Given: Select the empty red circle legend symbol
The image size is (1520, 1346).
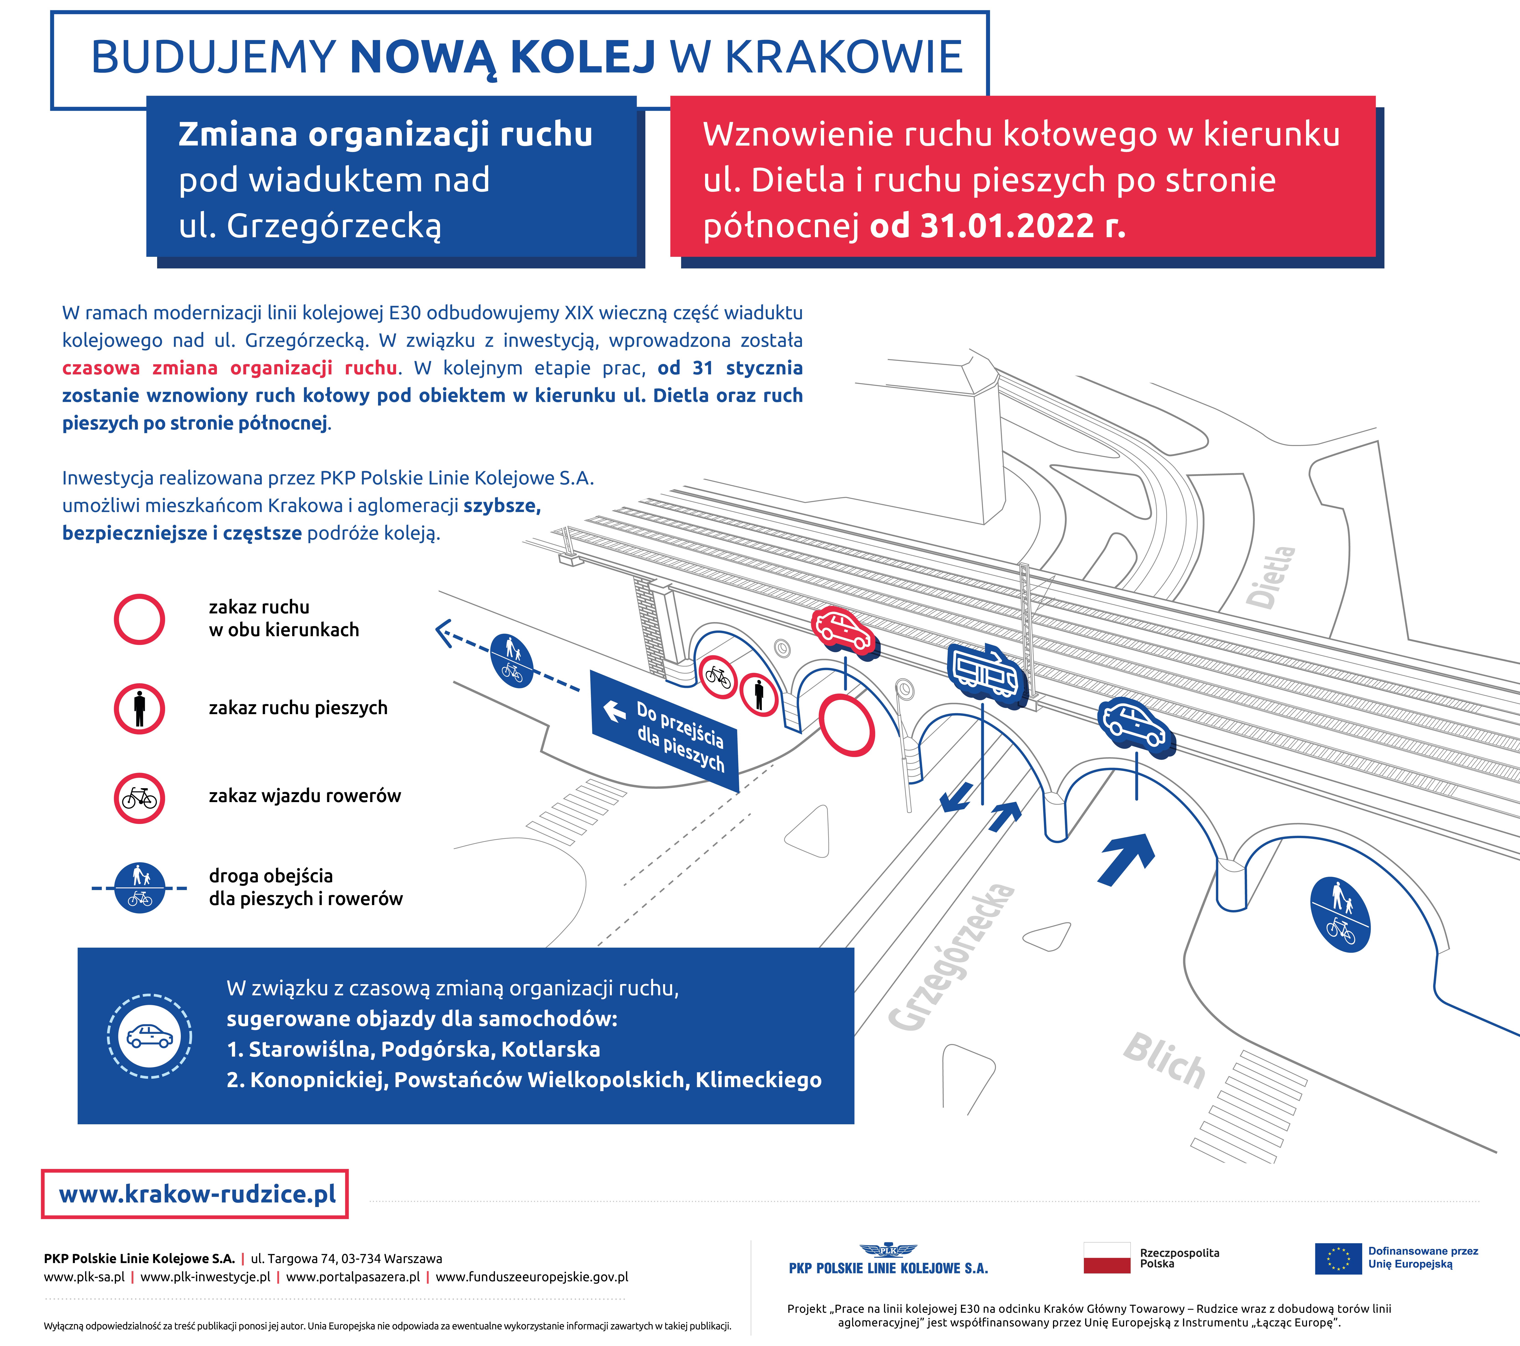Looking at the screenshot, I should pyautogui.click(x=139, y=619).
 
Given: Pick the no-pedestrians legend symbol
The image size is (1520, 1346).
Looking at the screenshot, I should pyautogui.click(x=139, y=708).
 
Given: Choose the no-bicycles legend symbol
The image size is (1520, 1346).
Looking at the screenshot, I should pyautogui.click(x=139, y=798).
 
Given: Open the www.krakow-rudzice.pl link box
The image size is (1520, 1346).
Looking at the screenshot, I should pyautogui.click(x=195, y=1194).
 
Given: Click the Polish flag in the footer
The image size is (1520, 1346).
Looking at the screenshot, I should pyautogui.click(x=1107, y=1258).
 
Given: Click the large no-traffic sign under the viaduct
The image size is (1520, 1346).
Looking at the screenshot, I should pyautogui.click(x=846, y=725).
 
